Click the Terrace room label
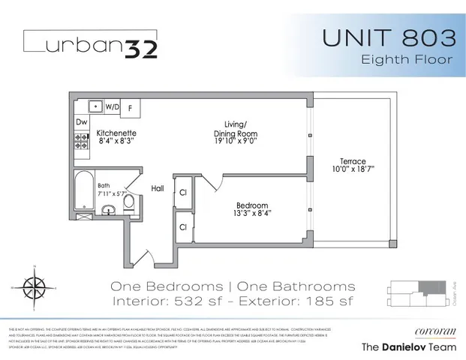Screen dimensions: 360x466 pyautogui.click(x=352, y=162)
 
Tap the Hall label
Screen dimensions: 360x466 pyautogui.click(x=158, y=188)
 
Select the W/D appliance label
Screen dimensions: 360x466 pyautogui.click(x=113, y=106)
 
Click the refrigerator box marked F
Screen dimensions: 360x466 pyautogui.click(x=129, y=107)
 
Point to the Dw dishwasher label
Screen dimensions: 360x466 pyautogui.click(x=82, y=121)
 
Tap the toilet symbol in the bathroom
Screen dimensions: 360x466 pyautogui.click(x=128, y=202)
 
